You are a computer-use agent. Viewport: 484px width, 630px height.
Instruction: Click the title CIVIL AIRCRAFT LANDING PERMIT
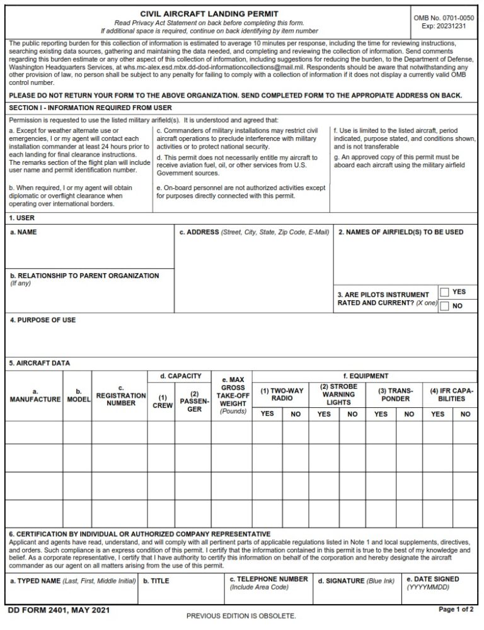[x=209, y=13]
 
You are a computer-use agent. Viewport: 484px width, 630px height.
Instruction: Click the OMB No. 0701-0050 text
[x=444, y=18]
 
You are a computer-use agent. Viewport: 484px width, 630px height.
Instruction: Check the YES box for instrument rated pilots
[x=445, y=292]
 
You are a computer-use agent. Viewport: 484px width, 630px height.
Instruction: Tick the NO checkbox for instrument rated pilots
[x=445, y=307]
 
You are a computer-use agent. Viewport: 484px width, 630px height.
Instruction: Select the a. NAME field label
[x=24, y=232]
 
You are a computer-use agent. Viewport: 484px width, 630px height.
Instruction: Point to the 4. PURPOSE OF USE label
[x=43, y=320]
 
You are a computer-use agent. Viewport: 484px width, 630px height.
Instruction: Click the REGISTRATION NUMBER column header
[x=120, y=395]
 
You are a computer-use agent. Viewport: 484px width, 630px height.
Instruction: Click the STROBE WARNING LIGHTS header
[x=338, y=394]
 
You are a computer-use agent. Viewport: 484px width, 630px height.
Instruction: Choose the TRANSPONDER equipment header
[x=395, y=394]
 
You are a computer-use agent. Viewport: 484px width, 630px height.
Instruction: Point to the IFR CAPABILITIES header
[x=451, y=394]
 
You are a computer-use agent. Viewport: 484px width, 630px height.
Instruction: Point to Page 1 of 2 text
[x=456, y=609]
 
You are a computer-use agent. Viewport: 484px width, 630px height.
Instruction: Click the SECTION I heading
[x=90, y=108]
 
